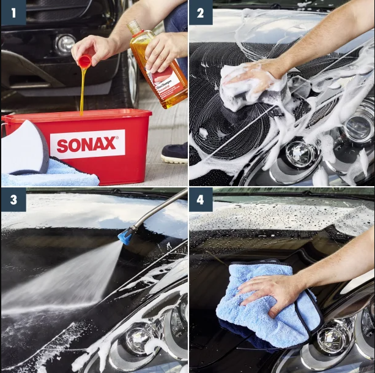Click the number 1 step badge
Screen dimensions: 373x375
pos(13,12)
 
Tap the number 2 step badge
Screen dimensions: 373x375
pos(201,12)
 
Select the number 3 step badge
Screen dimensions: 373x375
pos(13,199)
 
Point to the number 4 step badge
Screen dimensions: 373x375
pos(201,199)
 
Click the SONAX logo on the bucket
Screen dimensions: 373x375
pos(87,145)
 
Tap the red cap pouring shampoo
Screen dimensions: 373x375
pos(84,61)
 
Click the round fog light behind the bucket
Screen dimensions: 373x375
pos(65,43)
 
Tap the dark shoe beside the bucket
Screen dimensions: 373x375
pos(175,153)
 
